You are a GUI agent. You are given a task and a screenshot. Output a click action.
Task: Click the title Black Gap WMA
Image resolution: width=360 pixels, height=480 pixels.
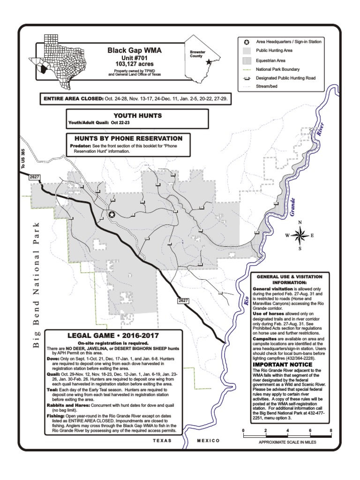coord(135,50)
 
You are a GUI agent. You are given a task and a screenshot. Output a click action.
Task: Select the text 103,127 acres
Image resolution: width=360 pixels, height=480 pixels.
coord(135,64)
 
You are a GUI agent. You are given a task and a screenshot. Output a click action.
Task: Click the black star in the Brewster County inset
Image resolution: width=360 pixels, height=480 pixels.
coord(209,62)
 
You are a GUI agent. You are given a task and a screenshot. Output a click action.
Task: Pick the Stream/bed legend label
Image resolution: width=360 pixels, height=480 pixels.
coord(267,86)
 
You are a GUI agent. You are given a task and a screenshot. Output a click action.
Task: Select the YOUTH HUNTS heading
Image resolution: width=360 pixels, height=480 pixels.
coord(138,115)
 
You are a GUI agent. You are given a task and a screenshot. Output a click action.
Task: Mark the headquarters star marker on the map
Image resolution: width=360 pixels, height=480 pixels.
coord(112,214)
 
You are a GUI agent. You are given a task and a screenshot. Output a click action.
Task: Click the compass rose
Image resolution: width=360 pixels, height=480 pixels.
coord(300,235)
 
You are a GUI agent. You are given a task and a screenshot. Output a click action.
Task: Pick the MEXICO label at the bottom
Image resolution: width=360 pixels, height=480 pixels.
coord(208,441)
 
